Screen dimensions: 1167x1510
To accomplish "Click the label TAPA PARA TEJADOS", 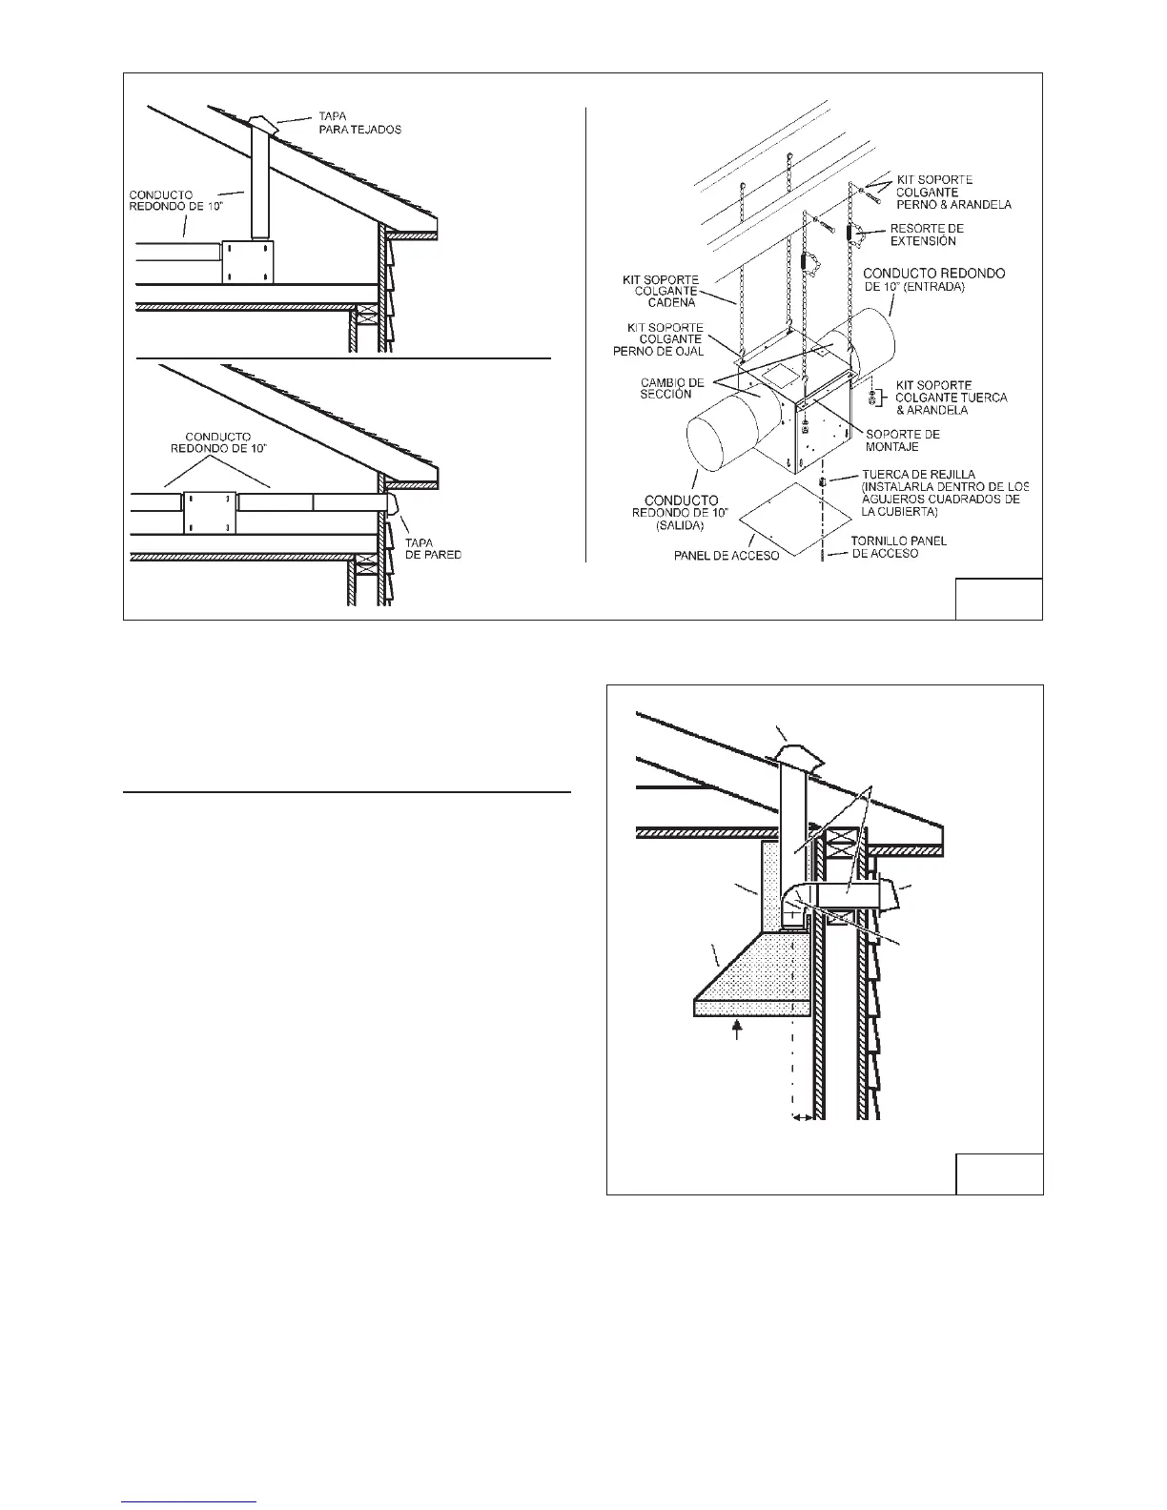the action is click(359, 122).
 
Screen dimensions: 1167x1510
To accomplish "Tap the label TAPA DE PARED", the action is click(440, 548).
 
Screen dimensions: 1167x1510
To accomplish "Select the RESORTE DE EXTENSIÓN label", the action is click(927, 235).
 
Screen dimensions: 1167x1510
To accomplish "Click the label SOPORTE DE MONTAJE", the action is click(902, 439).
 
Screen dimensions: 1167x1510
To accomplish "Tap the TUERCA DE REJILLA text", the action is click(911, 474).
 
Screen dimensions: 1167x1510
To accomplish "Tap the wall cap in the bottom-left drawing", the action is click(392, 504).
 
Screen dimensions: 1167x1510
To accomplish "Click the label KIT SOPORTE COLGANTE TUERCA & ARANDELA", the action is click(952, 398).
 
